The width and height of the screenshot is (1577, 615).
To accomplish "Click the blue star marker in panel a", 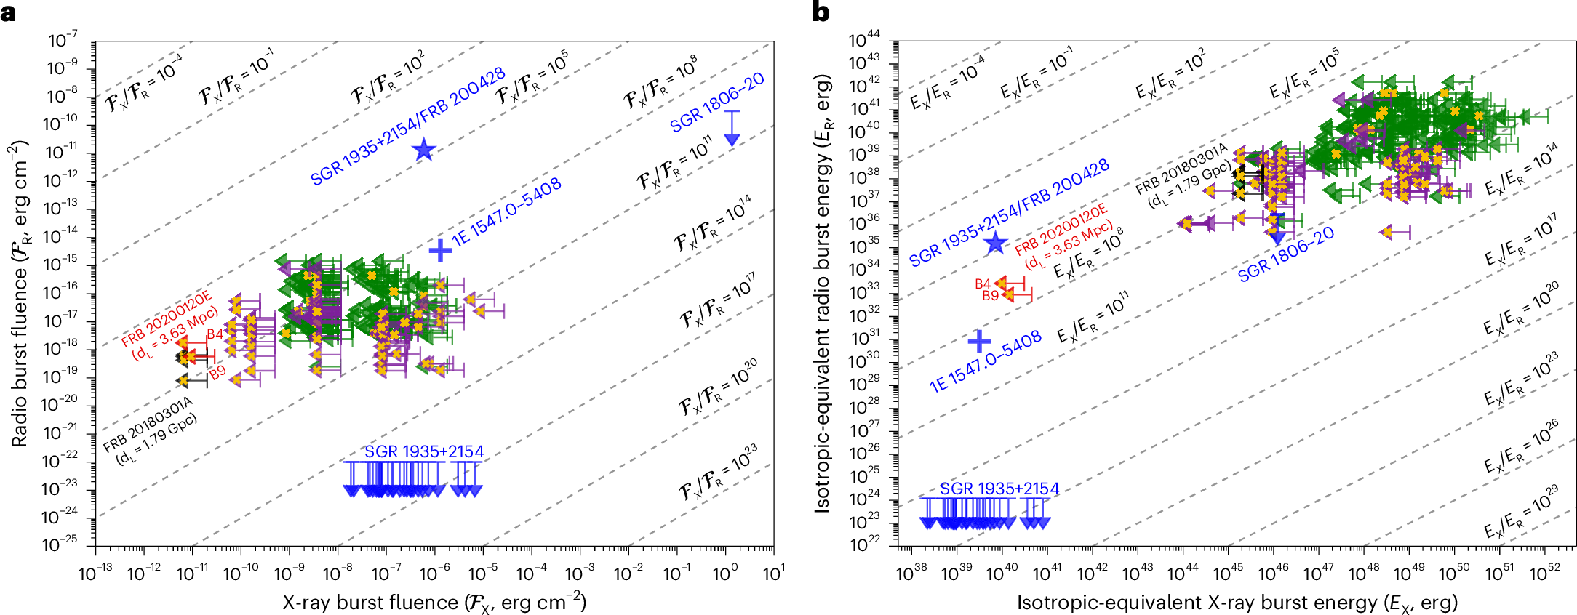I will [424, 150].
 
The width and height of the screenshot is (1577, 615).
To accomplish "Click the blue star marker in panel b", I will [995, 244].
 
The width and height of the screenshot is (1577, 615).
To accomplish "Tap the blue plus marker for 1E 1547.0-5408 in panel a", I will [440, 250].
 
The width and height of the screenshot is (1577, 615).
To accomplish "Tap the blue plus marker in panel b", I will [980, 340].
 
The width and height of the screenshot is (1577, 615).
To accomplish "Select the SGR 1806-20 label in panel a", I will [717, 102].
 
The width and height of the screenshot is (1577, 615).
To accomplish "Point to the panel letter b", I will [821, 12].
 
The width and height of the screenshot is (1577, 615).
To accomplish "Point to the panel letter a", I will [8, 12].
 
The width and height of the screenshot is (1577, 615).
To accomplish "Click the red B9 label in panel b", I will [990, 295].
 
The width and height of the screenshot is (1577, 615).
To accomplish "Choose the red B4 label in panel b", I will [983, 284].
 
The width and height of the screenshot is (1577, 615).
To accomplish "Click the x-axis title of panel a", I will [434, 603].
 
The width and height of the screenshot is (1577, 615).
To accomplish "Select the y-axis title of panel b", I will [823, 292].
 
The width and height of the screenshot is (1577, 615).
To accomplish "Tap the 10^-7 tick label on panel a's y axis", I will [63, 41].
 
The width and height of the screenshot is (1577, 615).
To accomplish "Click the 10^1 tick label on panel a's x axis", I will [772, 574].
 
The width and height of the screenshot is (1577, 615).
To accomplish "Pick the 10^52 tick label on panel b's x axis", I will [1544, 574].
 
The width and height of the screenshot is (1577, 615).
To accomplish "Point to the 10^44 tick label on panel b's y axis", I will [864, 40].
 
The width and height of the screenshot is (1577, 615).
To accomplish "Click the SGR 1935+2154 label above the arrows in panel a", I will [424, 451].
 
